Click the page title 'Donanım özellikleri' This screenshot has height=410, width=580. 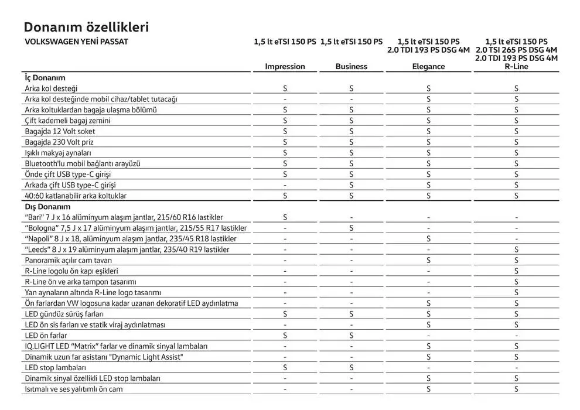pos(86,28)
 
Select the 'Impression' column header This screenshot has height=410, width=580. pos(285,67)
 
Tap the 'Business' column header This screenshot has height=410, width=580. pos(352,67)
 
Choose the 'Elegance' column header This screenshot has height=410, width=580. pos(428,67)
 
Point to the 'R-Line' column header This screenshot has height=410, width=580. pos(516,67)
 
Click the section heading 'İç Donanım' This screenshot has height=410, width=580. pos(45,77)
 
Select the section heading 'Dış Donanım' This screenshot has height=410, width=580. pos(47,207)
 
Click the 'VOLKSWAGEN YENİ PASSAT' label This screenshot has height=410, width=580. pos(76,42)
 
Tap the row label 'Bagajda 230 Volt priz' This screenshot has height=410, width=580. pos(59,142)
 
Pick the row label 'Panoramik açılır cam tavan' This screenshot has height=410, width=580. pos(68,260)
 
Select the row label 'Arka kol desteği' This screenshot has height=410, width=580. pos(52,88)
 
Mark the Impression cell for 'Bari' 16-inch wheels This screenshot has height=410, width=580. pos(285,217)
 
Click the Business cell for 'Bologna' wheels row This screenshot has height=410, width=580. pos(352,228)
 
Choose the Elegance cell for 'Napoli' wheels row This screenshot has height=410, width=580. pos(429,239)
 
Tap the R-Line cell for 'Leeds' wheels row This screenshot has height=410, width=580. pos(516,250)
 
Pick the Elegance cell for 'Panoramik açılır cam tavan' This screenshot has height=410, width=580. pos(429,260)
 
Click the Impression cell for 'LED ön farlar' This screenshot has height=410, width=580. pos(285,336)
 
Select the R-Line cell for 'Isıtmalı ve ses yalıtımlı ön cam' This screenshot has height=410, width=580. pos(516,389)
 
